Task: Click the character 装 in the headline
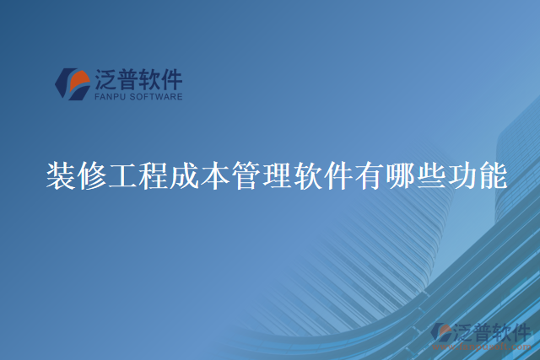[61, 176]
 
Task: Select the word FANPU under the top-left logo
[111, 97]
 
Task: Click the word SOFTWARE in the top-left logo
[157, 97]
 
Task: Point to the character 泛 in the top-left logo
[107, 80]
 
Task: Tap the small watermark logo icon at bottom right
[442, 333]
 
